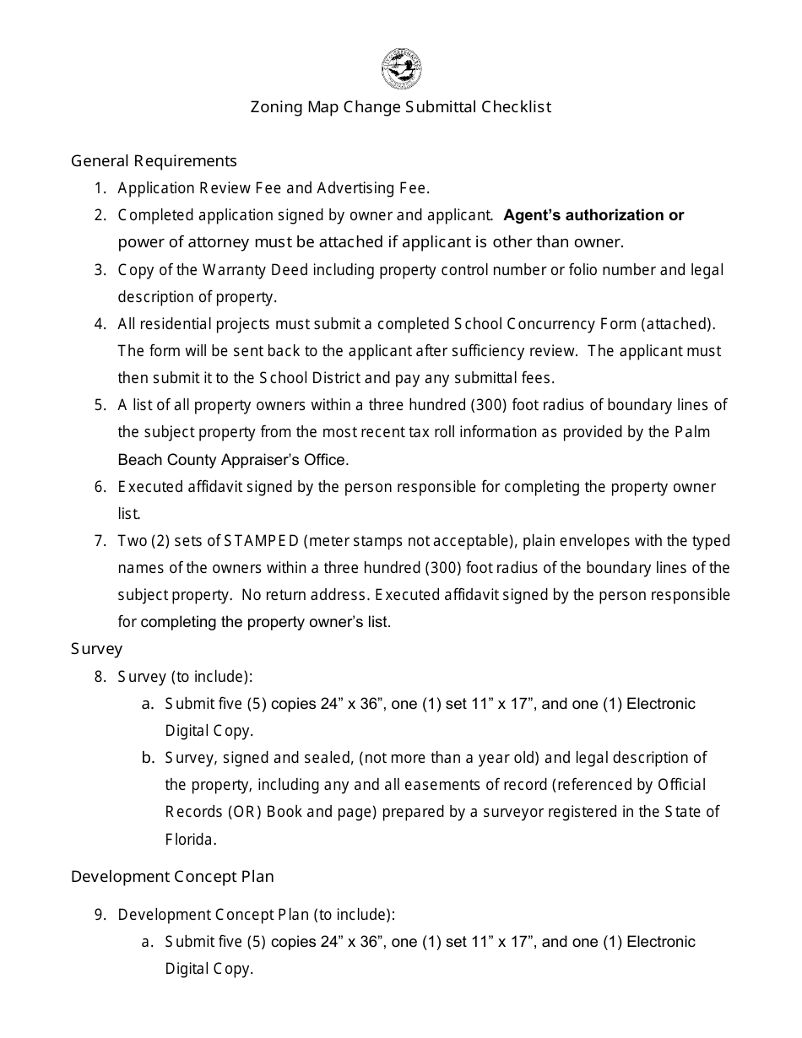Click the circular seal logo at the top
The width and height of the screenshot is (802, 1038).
pyautogui.click(x=401, y=68)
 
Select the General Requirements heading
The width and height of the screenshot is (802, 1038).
pyautogui.click(x=154, y=160)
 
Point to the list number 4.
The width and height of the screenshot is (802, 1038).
pyautogui.click(x=100, y=324)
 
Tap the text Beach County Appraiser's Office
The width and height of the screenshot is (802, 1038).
pyautogui.click(x=232, y=460)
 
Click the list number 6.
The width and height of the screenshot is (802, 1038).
pyautogui.click(x=100, y=487)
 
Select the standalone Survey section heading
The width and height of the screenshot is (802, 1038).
pyautogui.click(x=96, y=649)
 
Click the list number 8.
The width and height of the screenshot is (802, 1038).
pyautogui.click(x=100, y=677)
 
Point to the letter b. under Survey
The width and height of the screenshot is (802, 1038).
pyautogui.click(x=148, y=758)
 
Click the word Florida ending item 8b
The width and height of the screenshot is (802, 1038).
pyautogui.click(x=191, y=840)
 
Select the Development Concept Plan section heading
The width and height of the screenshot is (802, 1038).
pyautogui.click(x=172, y=877)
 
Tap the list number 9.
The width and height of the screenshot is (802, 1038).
pyautogui.click(x=100, y=915)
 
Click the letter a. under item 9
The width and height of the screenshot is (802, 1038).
pyautogui.click(x=148, y=942)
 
